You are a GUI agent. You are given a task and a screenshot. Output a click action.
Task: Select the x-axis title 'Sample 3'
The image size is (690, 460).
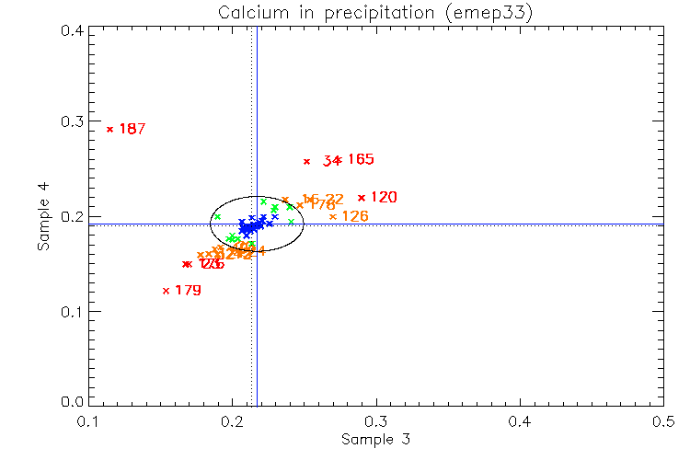pyautogui.click(x=375, y=440)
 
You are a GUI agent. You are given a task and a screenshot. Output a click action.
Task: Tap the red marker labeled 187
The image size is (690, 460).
pyautogui.click(x=109, y=129)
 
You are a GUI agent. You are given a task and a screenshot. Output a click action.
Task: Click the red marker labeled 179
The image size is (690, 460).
pyautogui.click(x=166, y=291)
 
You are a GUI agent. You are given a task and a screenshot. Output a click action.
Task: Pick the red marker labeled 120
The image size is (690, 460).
pyautogui.click(x=362, y=197)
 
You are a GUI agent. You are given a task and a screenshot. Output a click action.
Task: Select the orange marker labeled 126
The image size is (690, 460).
pyautogui.click(x=333, y=216)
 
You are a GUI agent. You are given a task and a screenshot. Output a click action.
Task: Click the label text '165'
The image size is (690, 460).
pyautogui.click(x=361, y=159)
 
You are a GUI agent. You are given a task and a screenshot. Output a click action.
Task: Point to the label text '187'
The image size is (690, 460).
pyautogui.click(x=132, y=129)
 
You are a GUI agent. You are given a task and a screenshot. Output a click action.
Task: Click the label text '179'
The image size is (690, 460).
pyautogui.click(x=188, y=291)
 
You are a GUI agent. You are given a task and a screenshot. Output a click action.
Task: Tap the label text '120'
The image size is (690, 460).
pyautogui.click(x=384, y=197)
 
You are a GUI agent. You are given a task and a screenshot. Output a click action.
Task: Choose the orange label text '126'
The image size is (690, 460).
pyautogui.click(x=355, y=216)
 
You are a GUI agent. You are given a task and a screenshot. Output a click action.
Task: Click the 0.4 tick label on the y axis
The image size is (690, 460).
pyautogui.click(x=73, y=29)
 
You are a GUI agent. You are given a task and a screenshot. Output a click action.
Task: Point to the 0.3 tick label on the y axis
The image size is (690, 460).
pyautogui.click(x=73, y=122)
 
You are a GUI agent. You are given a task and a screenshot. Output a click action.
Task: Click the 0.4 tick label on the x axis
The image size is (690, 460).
pyautogui.click(x=520, y=421)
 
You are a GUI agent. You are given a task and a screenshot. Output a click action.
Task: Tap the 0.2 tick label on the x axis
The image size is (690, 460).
pyautogui.click(x=232, y=421)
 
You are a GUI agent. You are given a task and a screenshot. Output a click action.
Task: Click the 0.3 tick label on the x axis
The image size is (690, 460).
pyautogui.click(x=375, y=421)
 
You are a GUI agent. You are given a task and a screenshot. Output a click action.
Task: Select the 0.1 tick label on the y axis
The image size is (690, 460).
pyautogui.click(x=73, y=311)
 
